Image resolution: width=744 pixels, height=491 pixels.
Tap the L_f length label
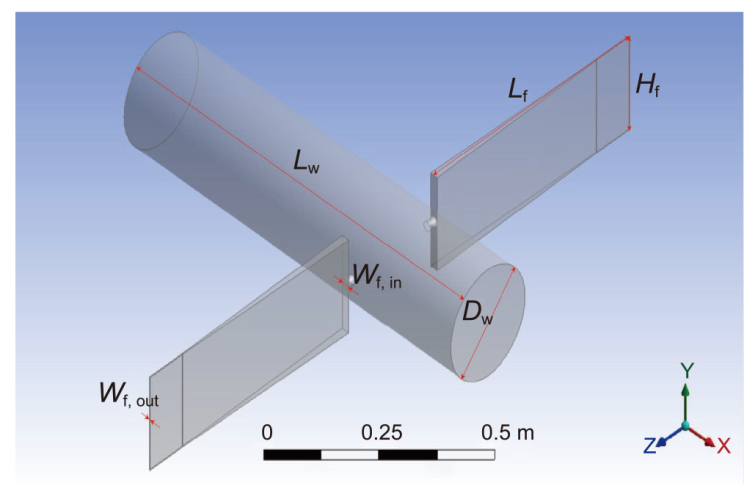tap(517, 91)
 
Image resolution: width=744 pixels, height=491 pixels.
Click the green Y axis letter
tap(686, 370)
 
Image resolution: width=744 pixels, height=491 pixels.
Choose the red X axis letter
tap(723, 445)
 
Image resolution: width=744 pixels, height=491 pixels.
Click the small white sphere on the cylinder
tap(432, 223)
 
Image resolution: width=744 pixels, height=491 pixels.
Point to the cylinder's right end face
tap(488, 323)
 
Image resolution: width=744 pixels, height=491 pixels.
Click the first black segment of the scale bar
tap(293, 455)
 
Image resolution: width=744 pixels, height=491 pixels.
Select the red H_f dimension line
tap(629, 84)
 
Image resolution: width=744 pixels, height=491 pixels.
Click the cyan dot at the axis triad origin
tap(685, 426)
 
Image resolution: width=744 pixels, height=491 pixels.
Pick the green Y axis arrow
tap(685, 400)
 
